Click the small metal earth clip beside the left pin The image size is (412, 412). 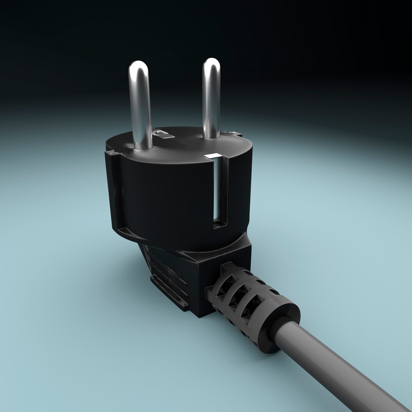click(x=163, y=134)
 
